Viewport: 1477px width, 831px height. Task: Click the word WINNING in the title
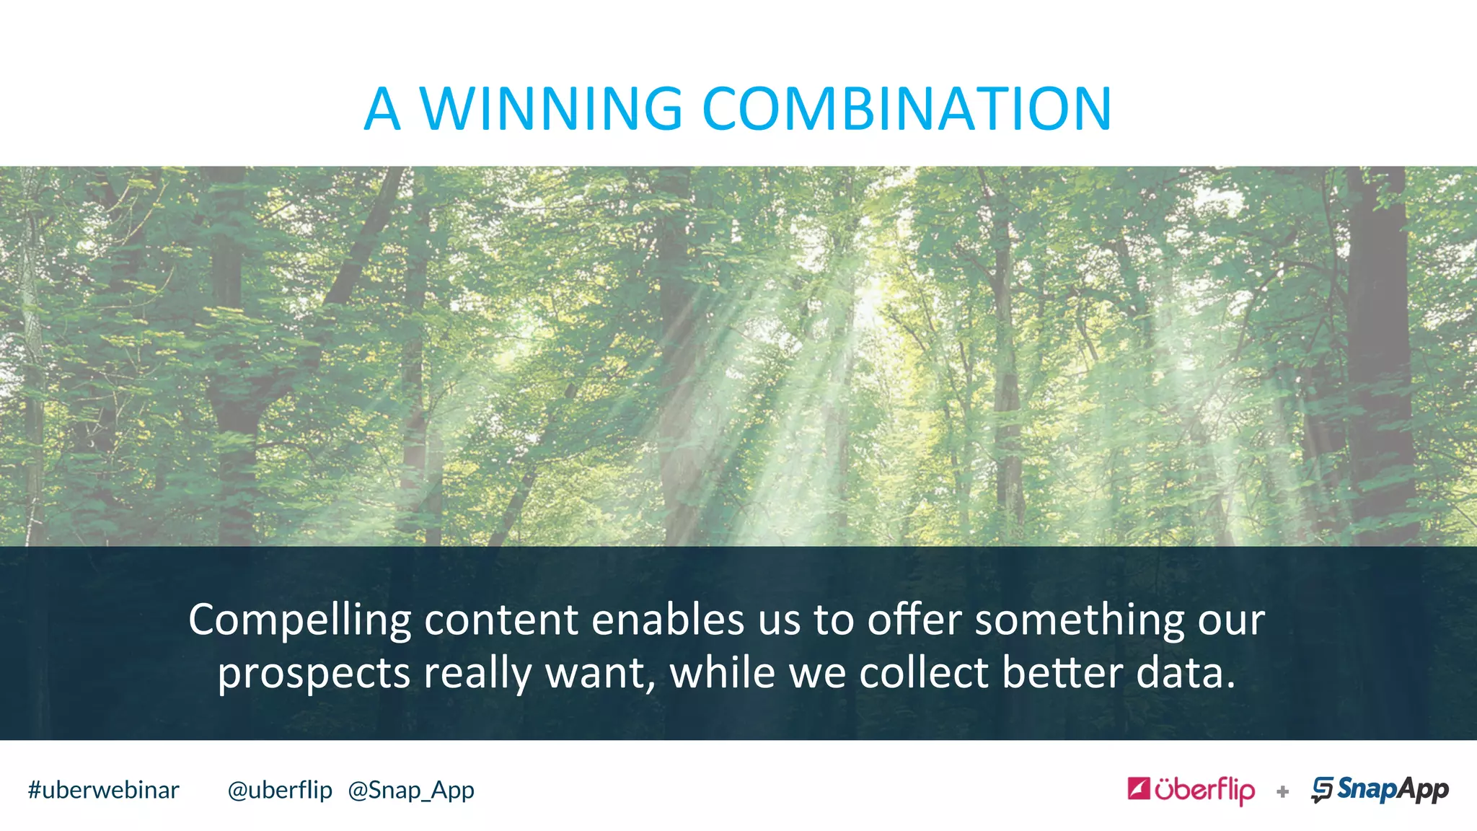[551, 109]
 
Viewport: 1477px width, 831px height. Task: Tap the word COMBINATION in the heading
[907, 109]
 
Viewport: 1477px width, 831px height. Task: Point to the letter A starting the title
[382, 109]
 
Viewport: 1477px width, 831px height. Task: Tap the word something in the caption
[1080, 620]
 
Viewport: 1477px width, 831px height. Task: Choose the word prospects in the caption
[314, 674]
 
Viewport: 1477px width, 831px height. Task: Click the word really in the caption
[477, 674]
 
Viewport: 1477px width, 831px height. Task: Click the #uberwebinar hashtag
[103, 790]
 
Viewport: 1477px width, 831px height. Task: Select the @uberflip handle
[280, 790]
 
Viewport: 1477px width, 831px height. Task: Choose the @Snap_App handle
[411, 791]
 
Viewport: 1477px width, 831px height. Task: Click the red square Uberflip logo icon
[1139, 788]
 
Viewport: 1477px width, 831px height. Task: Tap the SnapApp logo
[1380, 790]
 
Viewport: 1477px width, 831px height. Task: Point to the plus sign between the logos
[1282, 792]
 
